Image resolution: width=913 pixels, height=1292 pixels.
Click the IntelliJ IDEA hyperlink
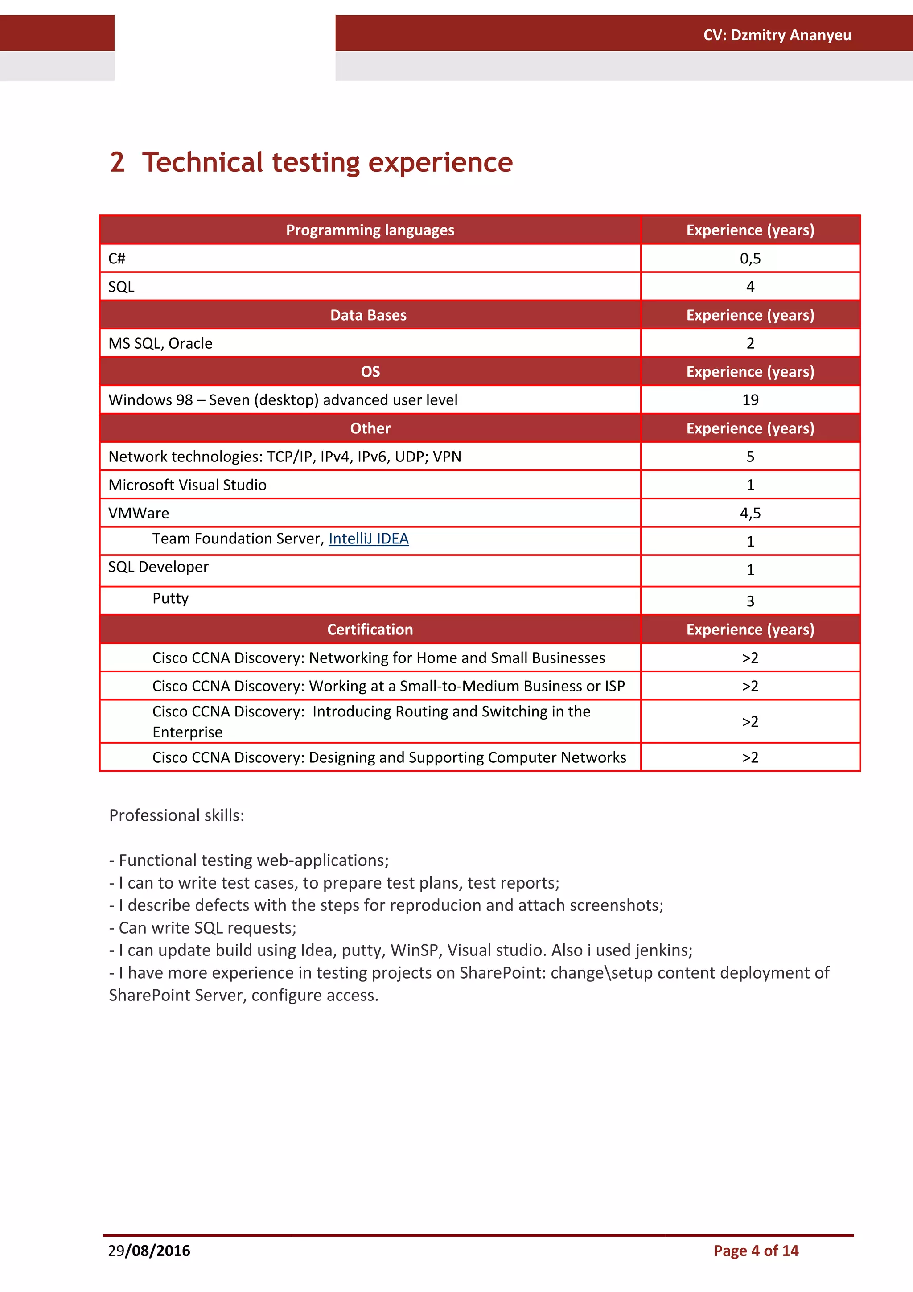tap(369, 539)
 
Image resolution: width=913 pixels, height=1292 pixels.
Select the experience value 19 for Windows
tap(750, 400)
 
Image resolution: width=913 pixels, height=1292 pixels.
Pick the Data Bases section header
tap(369, 315)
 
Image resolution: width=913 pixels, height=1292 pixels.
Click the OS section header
tap(370, 371)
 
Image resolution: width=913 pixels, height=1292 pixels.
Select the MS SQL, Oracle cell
tap(160, 343)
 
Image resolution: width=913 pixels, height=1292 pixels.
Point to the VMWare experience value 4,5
tap(750, 513)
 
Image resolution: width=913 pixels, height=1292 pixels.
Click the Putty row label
tap(170, 598)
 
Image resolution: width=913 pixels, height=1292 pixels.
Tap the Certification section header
tap(370, 629)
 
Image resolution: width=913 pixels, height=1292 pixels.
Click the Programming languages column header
tap(370, 230)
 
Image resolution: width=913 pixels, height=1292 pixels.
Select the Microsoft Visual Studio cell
tap(187, 485)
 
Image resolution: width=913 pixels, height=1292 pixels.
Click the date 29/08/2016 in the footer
tap(149, 1251)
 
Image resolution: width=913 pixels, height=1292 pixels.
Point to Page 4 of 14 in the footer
tap(756, 1251)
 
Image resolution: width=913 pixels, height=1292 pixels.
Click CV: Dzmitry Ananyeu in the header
tap(777, 35)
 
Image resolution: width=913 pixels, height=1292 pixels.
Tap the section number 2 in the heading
tap(117, 163)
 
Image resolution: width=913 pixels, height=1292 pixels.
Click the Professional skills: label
tap(177, 815)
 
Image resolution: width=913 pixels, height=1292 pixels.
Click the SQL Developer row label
tap(158, 567)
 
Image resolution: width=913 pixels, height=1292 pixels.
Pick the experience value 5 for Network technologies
tap(750, 457)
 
